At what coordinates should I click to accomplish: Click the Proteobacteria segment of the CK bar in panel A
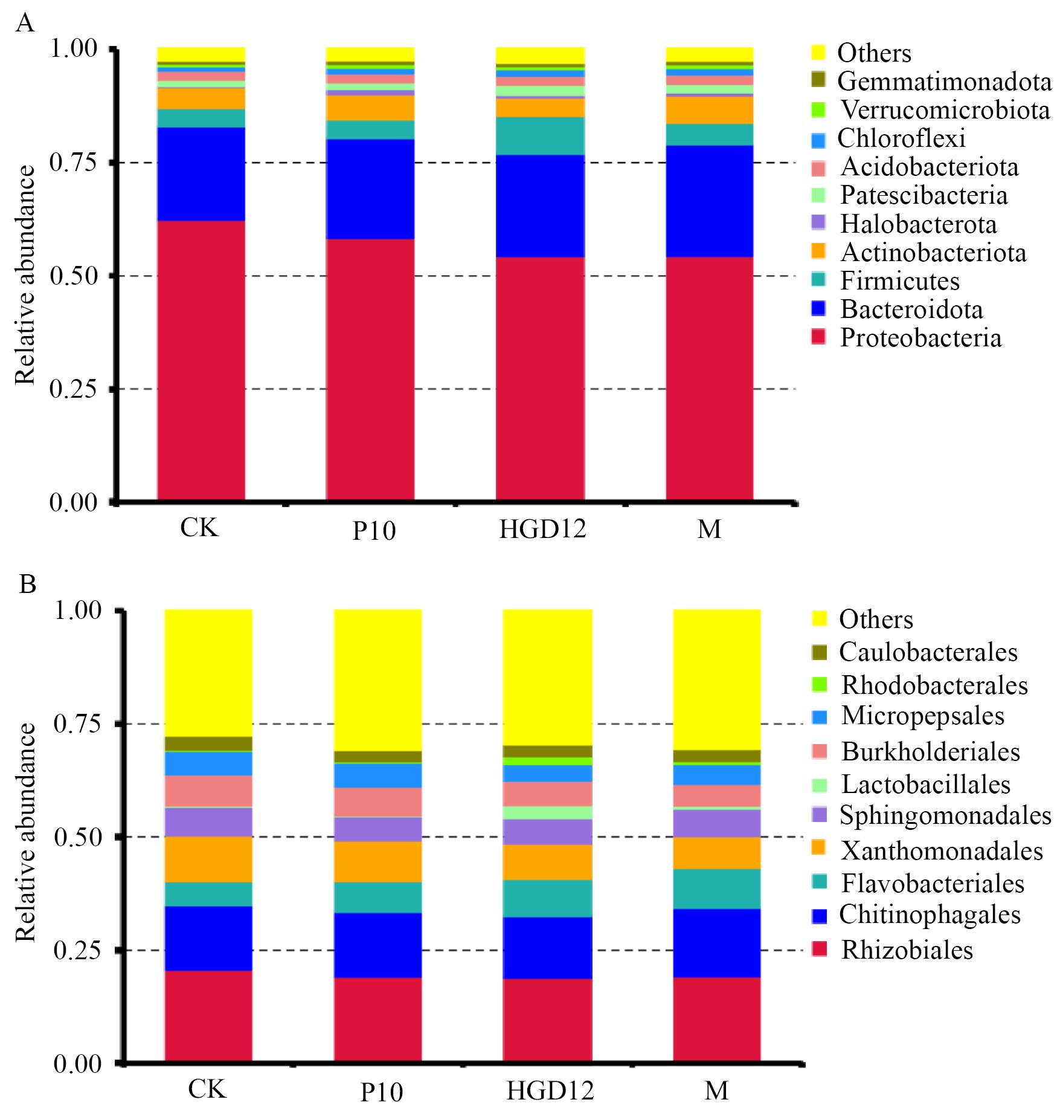coord(201,360)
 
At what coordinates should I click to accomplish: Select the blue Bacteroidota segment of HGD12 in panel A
coord(540,206)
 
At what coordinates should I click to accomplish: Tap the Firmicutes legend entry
coord(899,281)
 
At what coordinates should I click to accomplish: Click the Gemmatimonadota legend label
coord(944,81)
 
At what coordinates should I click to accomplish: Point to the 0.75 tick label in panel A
coord(73,163)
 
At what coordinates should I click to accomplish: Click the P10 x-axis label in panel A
coord(374,531)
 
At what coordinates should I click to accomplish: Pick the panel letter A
coord(25,24)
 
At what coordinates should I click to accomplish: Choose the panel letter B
coord(27,586)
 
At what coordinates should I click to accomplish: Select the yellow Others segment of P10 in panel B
coord(378,680)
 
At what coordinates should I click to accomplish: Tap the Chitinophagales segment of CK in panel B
coord(208,938)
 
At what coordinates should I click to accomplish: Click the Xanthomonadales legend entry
coord(942,850)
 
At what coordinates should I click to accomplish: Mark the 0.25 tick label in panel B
coord(77,950)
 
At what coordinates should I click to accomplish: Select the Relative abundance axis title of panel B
coord(25,837)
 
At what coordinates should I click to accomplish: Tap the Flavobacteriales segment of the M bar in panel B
coord(716,889)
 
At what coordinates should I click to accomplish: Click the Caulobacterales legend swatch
coord(819,652)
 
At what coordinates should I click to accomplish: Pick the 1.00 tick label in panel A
coord(73,49)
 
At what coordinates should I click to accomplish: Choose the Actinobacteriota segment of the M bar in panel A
coord(709,110)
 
